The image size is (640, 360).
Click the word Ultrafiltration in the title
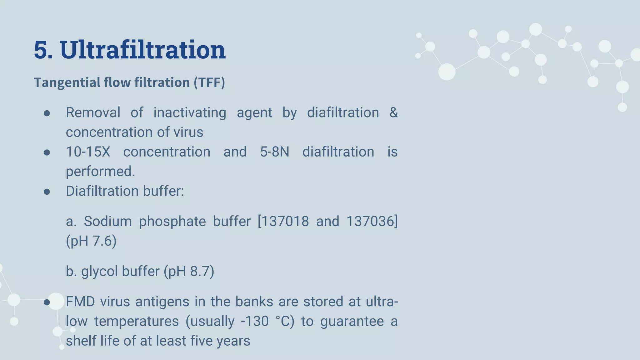[x=142, y=50]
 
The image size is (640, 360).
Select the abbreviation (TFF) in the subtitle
[x=209, y=82]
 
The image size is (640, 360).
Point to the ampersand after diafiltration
[x=393, y=112]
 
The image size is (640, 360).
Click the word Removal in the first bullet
[x=93, y=112]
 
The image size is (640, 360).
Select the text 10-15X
[x=88, y=152]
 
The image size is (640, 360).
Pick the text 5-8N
[x=274, y=152]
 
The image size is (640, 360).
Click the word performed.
[x=100, y=172]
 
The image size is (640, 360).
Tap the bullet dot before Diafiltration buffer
[x=47, y=192]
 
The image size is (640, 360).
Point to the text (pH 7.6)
[x=91, y=241]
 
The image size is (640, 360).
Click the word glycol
[x=99, y=271]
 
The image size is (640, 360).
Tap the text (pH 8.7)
[x=189, y=271]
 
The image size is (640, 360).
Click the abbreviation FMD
[x=80, y=302]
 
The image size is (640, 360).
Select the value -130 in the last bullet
[x=255, y=321]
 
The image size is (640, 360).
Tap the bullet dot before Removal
[x=47, y=113]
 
